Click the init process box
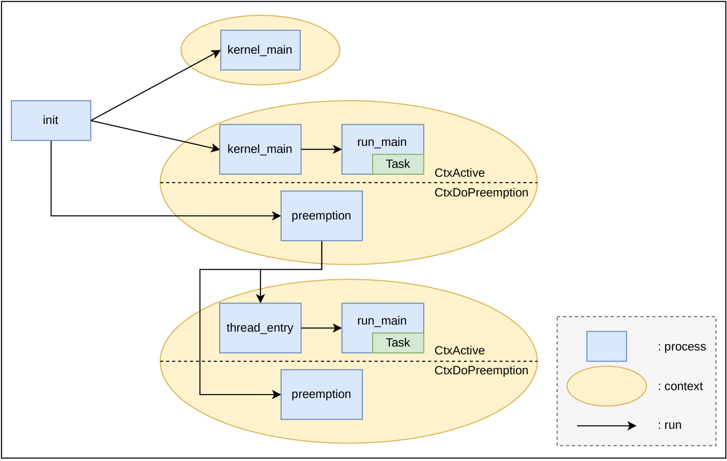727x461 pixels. [x=51, y=120]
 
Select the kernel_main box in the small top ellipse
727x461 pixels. [x=260, y=50]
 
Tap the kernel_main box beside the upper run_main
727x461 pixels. [x=260, y=149]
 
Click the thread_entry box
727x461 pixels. [x=260, y=328]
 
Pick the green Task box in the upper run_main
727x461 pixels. [x=398, y=164]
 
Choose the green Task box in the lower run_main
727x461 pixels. [x=398, y=343]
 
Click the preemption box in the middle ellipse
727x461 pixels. [x=322, y=216]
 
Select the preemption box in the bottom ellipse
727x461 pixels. [x=322, y=394]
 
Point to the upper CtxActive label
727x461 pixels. [x=460, y=173]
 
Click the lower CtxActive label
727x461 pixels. [x=460, y=350]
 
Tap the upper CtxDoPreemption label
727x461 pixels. [x=481, y=193]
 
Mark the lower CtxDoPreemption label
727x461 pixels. [x=481, y=370]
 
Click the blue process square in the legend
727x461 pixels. [x=607, y=346]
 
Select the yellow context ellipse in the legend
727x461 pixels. [x=607, y=386]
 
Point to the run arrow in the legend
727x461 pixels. [x=607, y=426]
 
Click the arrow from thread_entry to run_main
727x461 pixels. [x=321, y=328]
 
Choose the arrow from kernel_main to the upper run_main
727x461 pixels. [x=321, y=149]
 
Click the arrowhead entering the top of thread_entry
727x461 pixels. [x=260, y=299]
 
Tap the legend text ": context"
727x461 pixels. [x=680, y=386]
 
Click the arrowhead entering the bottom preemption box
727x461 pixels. [x=277, y=394]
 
